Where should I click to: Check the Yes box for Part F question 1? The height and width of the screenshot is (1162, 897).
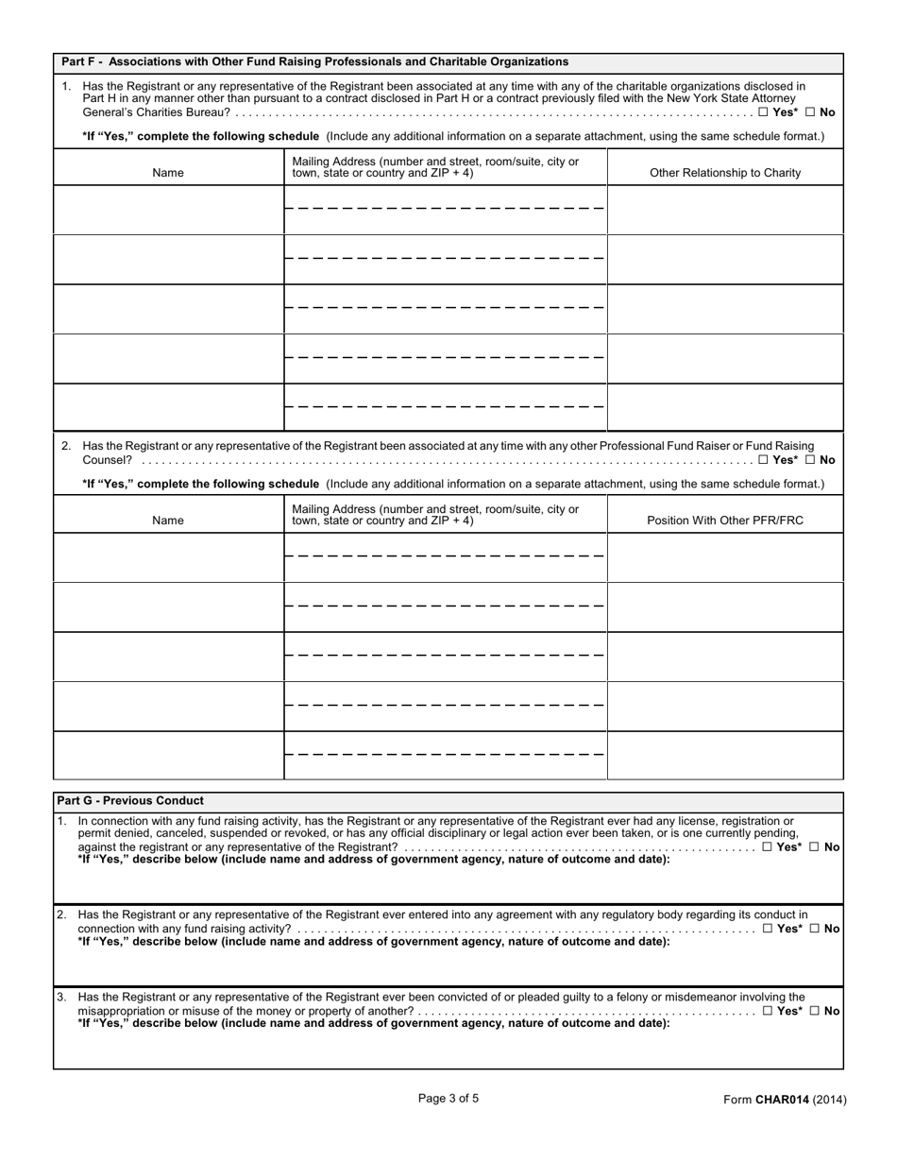763,112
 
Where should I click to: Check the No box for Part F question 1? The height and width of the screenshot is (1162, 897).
810,112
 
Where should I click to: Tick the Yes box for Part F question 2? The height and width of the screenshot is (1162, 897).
763,461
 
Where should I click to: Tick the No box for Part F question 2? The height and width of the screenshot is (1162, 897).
810,461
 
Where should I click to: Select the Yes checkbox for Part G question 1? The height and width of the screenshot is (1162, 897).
767,847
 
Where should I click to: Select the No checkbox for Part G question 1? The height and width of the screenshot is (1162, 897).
814,847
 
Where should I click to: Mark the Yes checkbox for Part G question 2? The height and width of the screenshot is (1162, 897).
767,929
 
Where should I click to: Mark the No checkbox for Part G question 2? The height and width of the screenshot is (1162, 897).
814,929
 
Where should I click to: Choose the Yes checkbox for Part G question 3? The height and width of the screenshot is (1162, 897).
767,1011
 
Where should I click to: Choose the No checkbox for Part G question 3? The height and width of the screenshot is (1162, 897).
814,1011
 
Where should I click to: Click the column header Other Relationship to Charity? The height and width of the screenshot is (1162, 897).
724,173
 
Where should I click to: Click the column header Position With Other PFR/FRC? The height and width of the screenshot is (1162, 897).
724,521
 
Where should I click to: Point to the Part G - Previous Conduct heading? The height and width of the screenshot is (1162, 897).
130,800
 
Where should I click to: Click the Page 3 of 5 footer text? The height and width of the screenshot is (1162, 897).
448,1098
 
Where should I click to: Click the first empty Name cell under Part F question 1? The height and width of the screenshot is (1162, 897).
168,210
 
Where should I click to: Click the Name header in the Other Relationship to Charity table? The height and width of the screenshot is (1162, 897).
168,173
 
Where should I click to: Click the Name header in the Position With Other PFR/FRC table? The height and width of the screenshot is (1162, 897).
168,521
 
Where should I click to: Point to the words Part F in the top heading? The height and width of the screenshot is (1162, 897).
77,61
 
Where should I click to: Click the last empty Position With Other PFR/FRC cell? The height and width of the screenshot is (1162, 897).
724,755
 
